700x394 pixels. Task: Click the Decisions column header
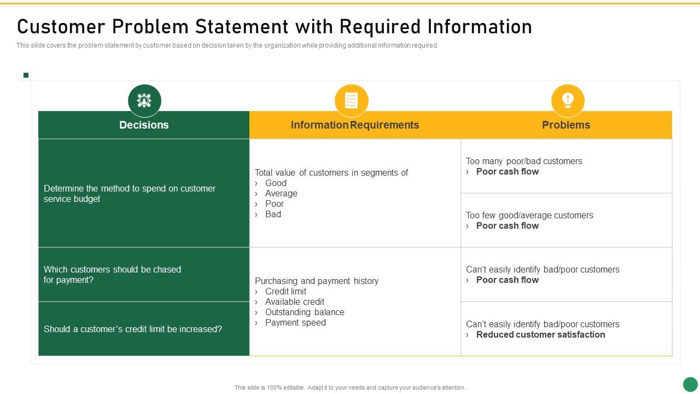[x=144, y=125]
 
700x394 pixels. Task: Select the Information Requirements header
[x=355, y=125]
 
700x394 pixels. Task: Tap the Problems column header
[x=566, y=125]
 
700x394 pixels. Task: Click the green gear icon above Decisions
[x=144, y=101]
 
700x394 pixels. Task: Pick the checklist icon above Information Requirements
[x=351, y=101]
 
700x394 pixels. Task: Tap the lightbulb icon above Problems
[x=568, y=101]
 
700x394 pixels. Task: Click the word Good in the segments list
[x=276, y=183]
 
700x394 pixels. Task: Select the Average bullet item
[x=281, y=194]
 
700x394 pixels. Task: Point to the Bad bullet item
[x=273, y=214]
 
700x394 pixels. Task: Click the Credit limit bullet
[x=285, y=292]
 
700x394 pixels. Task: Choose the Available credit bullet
[x=295, y=302]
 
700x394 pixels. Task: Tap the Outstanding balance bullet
[x=305, y=312]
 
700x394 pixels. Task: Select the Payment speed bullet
[x=295, y=323]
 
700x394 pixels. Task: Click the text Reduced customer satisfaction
[x=541, y=334]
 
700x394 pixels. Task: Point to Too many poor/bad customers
[x=524, y=161]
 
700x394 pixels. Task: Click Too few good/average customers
[x=529, y=215]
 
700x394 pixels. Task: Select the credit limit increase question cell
[x=144, y=329]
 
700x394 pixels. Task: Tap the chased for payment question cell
[x=144, y=275]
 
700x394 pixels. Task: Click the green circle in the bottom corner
[x=690, y=384]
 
